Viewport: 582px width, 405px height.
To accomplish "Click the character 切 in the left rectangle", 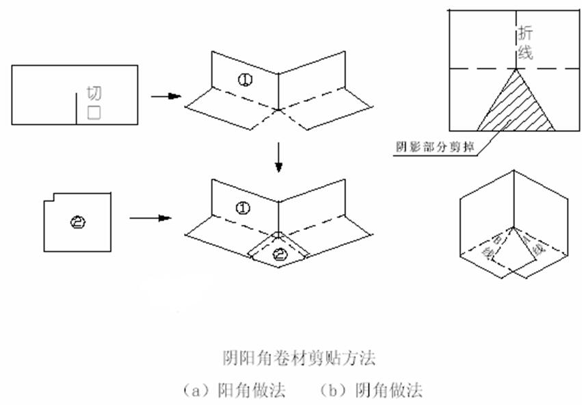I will [94, 94].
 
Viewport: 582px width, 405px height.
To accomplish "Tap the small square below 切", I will [94, 114].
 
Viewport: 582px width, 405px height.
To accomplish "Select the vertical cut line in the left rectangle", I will [75, 109].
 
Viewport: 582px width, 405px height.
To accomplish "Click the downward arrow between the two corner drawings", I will [278, 158].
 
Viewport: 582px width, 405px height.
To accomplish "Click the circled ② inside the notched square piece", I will [77, 220].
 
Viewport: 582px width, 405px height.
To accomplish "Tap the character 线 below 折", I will [525, 53].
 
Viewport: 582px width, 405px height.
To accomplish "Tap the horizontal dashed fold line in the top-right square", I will [479, 68].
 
